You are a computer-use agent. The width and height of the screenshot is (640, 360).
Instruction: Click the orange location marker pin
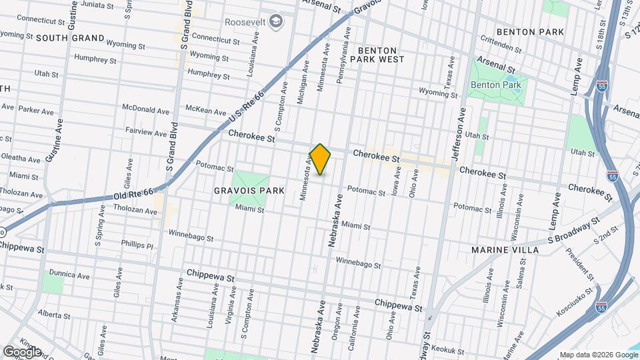tap(321, 159)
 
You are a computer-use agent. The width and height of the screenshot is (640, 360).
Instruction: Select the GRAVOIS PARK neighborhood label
tap(249, 191)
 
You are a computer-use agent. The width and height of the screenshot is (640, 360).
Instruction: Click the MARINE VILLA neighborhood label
tap(505, 249)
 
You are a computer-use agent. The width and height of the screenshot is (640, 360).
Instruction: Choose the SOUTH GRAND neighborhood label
tap(70, 38)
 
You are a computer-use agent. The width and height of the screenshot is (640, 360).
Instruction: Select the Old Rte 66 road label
tap(133, 194)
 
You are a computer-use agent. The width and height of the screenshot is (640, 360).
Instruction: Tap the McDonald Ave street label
tap(146, 109)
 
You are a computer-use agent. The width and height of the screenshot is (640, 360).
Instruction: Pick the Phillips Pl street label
tap(137, 245)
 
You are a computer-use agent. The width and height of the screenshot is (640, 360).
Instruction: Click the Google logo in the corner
tap(22, 351)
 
